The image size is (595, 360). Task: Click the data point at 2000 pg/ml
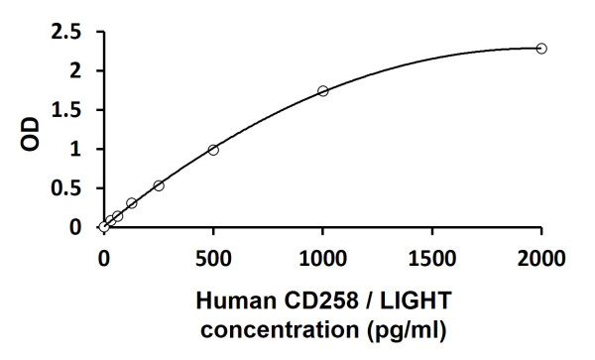click(x=541, y=49)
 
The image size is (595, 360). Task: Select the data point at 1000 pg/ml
click(x=322, y=91)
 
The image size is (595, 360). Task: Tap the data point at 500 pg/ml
click(x=213, y=150)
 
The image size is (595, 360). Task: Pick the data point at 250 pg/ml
click(x=159, y=185)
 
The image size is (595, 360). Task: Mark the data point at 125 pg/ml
click(x=131, y=203)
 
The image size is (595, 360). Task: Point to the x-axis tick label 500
click(x=213, y=259)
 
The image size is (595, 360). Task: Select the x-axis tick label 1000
click(x=322, y=259)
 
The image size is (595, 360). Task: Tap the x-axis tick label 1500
click(x=432, y=259)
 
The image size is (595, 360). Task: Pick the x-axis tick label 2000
click(x=541, y=259)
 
